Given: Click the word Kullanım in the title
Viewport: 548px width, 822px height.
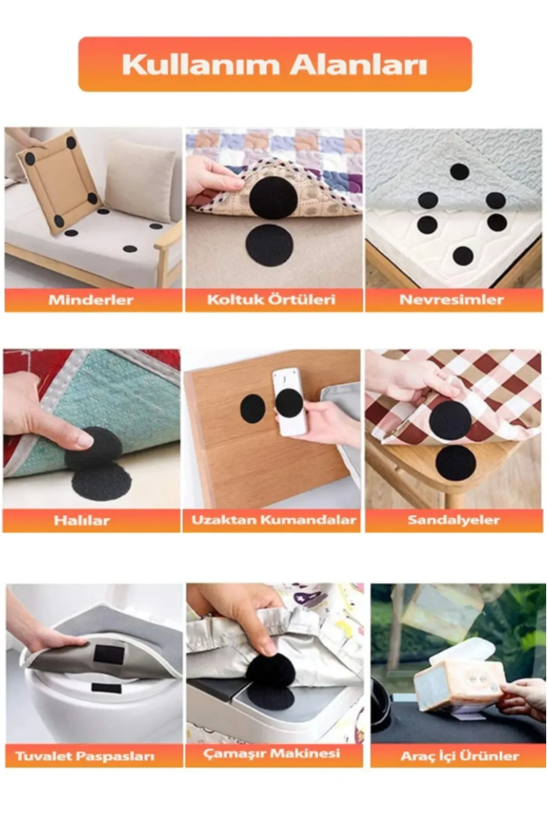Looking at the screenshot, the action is click(x=200, y=65).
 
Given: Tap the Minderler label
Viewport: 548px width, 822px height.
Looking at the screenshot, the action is click(x=91, y=300).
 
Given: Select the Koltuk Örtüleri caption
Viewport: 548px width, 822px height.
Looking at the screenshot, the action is click(x=271, y=300).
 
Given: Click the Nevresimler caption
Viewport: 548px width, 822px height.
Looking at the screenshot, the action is click(x=452, y=300).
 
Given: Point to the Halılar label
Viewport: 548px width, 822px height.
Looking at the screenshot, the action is click(x=82, y=520).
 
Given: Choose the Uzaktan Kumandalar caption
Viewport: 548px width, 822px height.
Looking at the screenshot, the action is click(x=274, y=520).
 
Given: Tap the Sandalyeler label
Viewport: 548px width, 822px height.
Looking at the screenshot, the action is click(x=453, y=520).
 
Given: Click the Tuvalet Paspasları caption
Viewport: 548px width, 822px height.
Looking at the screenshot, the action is click(x=85, y=756).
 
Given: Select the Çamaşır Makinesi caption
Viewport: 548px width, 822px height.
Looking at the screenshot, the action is click(x=272, y=753).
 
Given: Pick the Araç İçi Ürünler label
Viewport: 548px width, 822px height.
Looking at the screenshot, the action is click(x=460, y=756).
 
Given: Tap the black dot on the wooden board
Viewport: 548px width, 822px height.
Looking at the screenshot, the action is click(x=253, y=409).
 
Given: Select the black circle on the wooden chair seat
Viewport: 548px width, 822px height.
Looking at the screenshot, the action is click(x=455, y=465).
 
